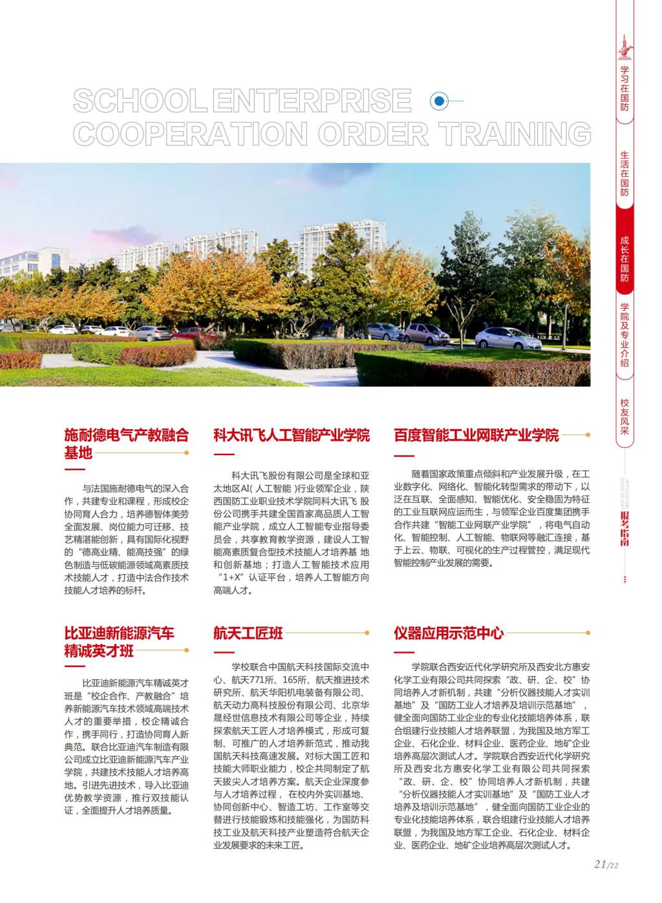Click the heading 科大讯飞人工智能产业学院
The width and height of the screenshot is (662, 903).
(x=292, y=435)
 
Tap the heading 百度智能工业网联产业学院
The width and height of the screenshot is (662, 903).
(x=476, y=435)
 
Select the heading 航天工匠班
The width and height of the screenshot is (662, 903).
(x=248, y=633)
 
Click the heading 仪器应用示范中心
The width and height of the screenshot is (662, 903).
(x=449, y=633)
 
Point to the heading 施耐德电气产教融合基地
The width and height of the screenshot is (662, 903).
(x=126, y=443)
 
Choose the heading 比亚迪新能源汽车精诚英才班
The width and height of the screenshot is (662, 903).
(x=120, y=641)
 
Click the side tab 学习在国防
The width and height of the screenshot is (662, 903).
(x=625, y=89)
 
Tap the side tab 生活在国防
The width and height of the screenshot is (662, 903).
(x=625, y=174)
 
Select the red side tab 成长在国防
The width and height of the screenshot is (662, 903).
(x=625, y=259)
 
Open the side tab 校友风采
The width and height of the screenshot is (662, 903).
(x=625, y=416)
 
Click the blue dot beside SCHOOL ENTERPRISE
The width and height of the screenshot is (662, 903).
(x=440, y=101)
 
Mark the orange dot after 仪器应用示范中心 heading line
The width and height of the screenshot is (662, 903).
(x=588, y=633)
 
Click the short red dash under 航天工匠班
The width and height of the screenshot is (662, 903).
(x=222, y=649)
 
